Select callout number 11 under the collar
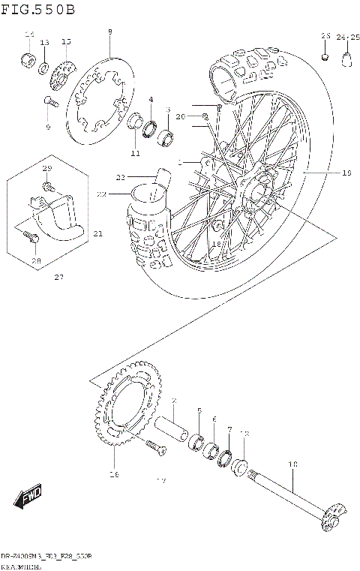(x=135, y=154)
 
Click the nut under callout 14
(x=29, y=59)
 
